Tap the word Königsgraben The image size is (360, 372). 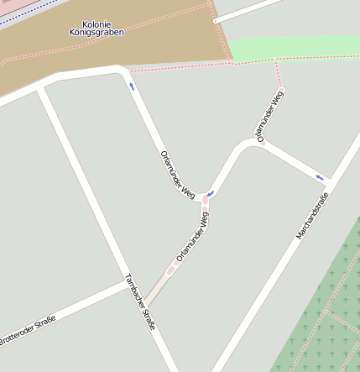click(97, 33)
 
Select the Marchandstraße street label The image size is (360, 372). click(312, 216)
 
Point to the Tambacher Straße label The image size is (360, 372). click(140, 301)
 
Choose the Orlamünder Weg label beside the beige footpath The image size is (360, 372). click(193, 235)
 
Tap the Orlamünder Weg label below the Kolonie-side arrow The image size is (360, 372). click(177, 175)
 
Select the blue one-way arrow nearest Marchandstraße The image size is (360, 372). click(320, 177)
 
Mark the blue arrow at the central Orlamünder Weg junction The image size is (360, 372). click(210, 194)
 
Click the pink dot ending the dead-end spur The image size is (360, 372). click(281, 88)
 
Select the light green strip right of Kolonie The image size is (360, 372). click(294, 47)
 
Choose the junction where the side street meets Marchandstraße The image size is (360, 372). click(331, 181)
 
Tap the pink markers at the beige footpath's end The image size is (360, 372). click(171, 270)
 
